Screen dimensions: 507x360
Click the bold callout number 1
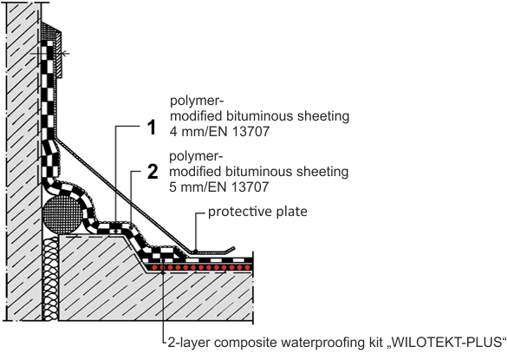[152, 128]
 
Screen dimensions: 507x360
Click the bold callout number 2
[153, 171]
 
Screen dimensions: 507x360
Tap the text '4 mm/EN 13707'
[219, 132]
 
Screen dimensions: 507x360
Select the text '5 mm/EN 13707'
[219, 187]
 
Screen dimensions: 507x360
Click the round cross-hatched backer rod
[62, 214]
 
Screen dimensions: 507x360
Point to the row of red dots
[200, 267]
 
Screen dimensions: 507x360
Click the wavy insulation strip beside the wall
[50, 278]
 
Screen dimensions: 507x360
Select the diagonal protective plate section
[123, 195]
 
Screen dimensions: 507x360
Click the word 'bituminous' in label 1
[260, 116]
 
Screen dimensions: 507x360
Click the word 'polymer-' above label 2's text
[196, 157]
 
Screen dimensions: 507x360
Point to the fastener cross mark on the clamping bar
[64, 54]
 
